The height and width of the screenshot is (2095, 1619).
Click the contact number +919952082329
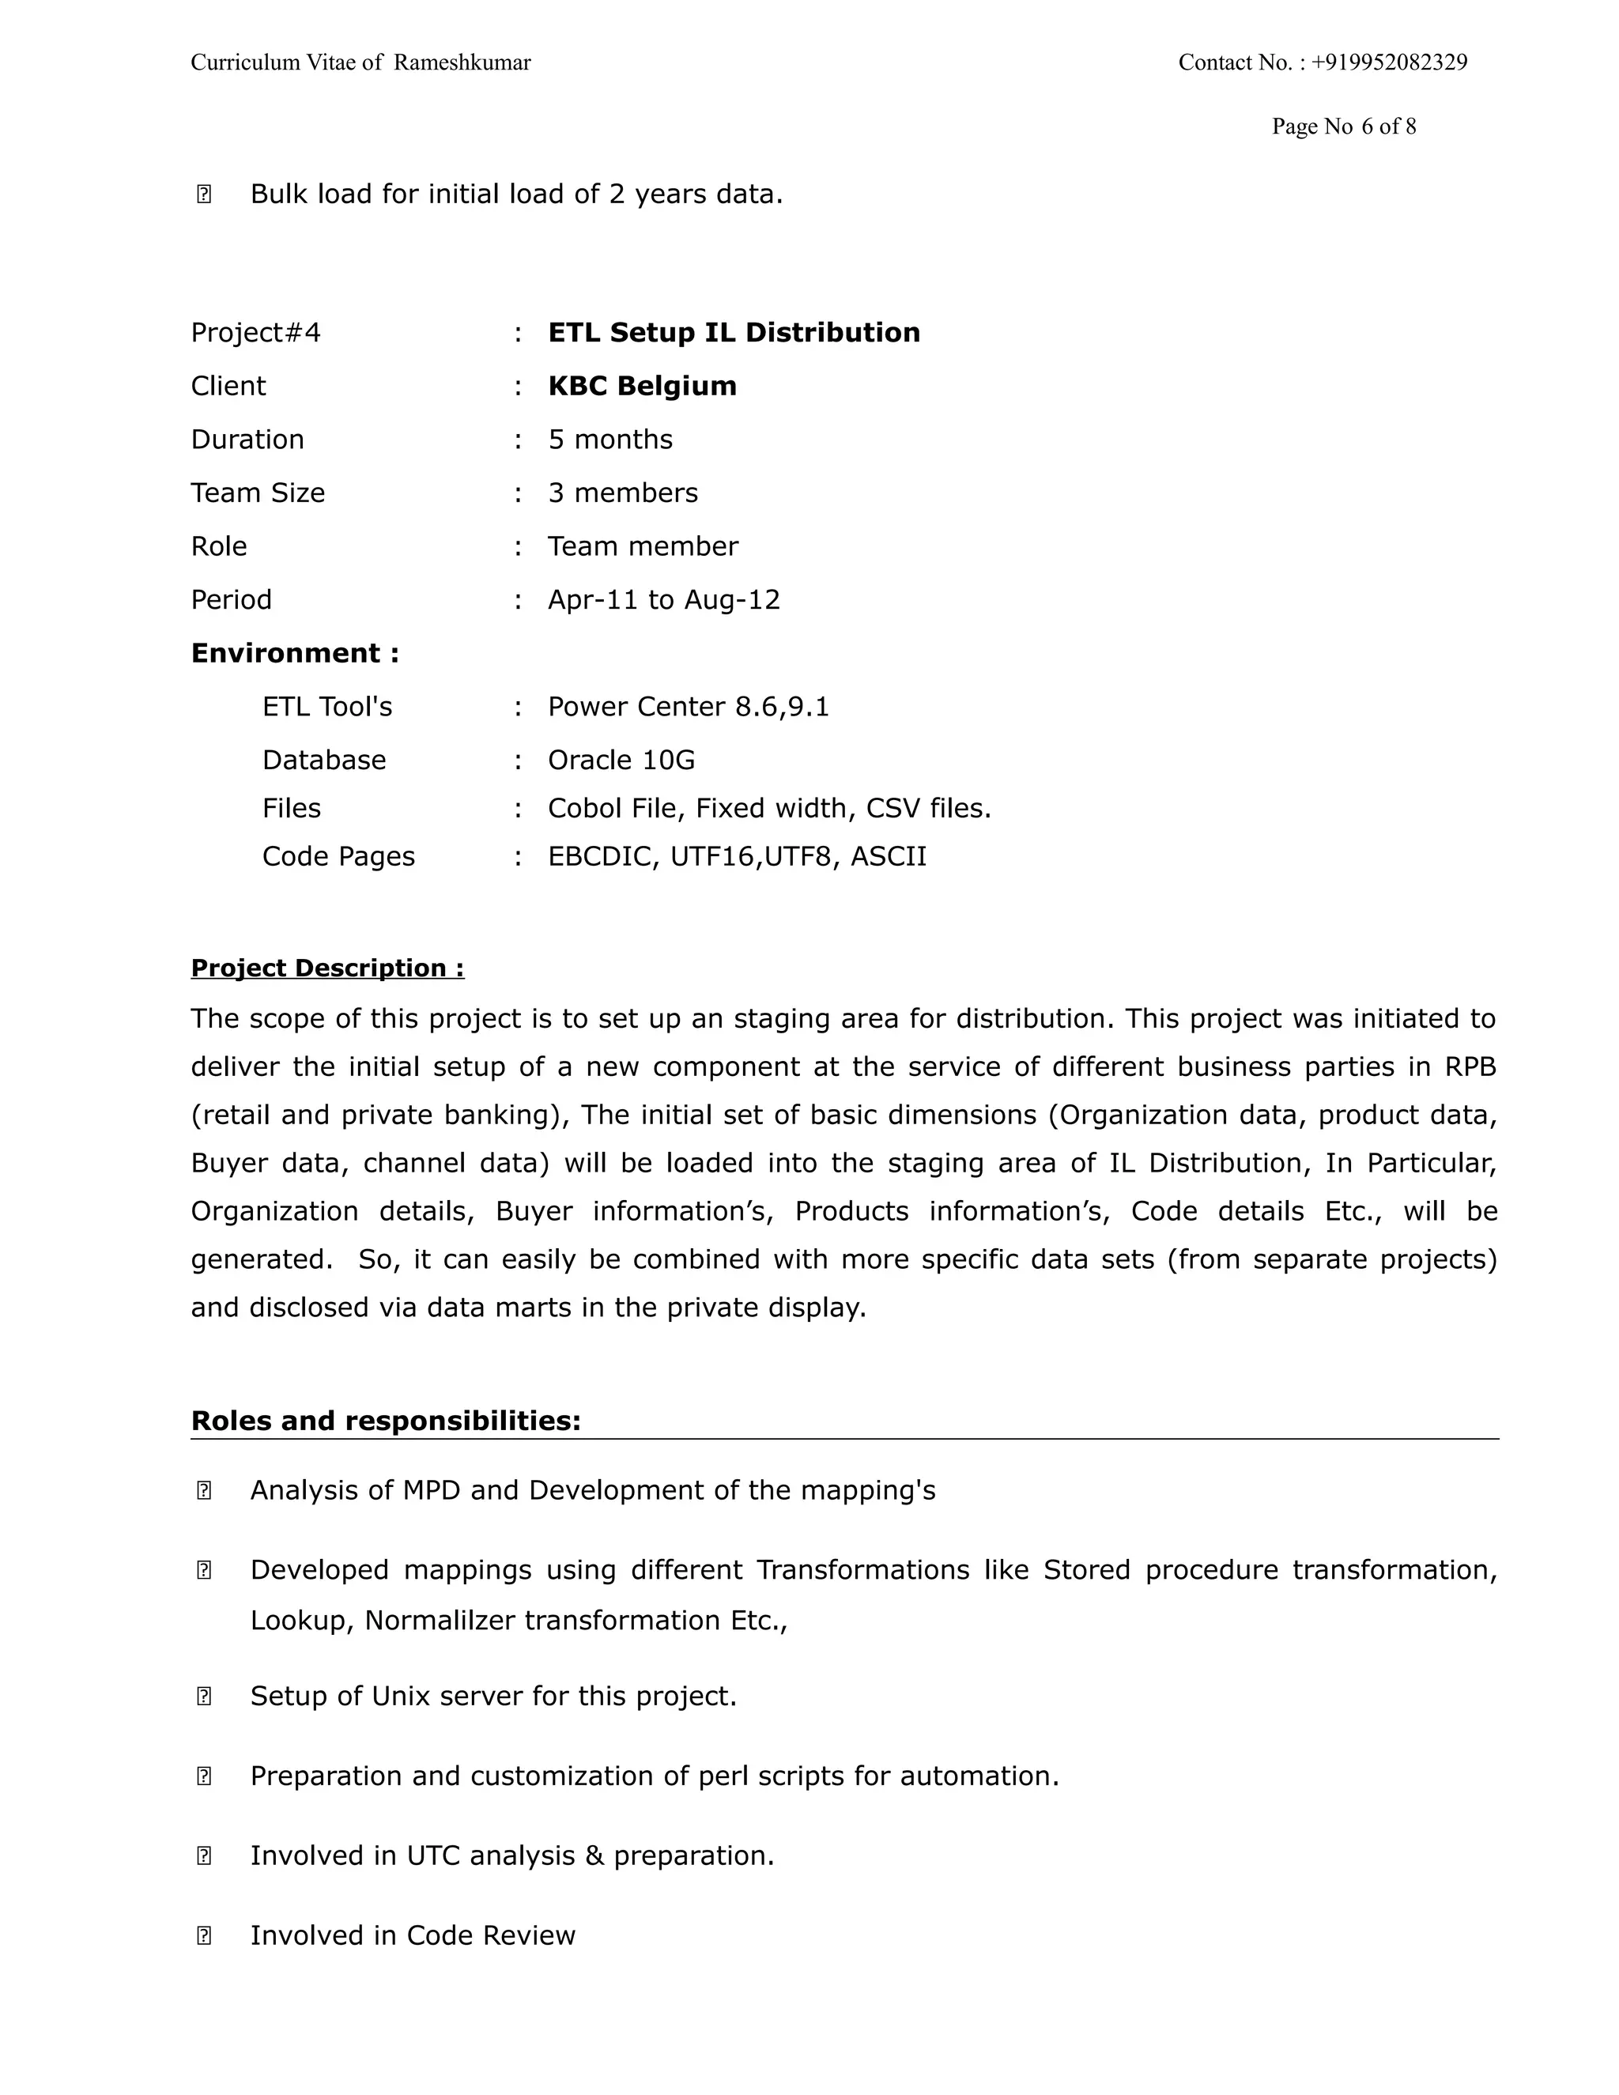click(1389, 63)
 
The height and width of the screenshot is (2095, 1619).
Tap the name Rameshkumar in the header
click(462, 63)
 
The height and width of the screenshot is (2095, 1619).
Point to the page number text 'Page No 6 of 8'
click(1343, 126)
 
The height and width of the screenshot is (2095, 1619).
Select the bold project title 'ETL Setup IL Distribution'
click(734, 333)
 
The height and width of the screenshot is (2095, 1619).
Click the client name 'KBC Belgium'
click(642, 387)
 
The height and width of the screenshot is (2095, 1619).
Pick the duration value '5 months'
click(610, 440)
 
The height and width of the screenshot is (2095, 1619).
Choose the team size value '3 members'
click(622, 493)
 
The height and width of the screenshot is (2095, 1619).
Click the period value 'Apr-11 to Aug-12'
click(664, 601)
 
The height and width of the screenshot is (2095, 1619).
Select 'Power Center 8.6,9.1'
click(688, 707)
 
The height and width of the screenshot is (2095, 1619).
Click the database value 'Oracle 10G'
click(621, 761)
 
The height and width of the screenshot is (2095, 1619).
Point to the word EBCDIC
click(601, 857)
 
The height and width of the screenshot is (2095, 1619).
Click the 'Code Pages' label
click(338, 857)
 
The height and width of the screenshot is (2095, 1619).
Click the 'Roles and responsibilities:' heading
click(386, 1421)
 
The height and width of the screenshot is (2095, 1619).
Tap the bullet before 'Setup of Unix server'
click(203, 1696)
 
